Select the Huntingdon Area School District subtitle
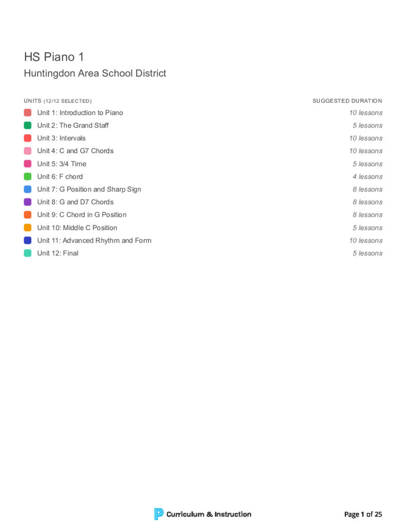tap(95, 73)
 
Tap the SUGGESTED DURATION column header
tap(347, 101)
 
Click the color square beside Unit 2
tap(28, 125)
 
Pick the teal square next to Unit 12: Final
tap(28, 253)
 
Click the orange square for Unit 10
tap(28, 228)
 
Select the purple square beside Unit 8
tap(28, 202)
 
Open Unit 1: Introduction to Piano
tap(80, 113)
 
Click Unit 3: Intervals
tap(61, 138)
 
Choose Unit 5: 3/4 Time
tap(62, 164)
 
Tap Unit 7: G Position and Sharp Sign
tap(89, 190)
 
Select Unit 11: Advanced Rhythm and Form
tap(94, 240)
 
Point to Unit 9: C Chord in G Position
tap(82, 215)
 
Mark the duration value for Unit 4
tap(365, 151)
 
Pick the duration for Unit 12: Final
tap(367, 253)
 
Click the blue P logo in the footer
tap(159, 514)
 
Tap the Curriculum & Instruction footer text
tap(209, 514)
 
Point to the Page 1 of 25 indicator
tap(363, 514)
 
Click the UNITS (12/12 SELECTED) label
tap(57, 101)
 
